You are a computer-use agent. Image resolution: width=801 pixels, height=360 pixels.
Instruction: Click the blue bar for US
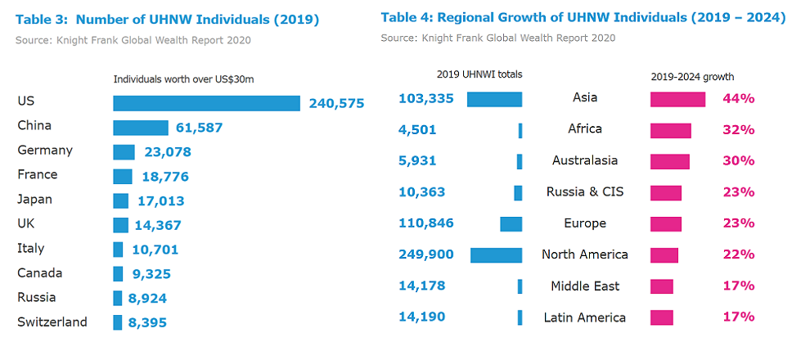click(x=206, y=103)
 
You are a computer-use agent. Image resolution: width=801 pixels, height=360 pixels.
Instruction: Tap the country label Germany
click(x=45, y=151)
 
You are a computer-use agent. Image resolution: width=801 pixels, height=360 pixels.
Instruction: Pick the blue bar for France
click(x=123, y=176)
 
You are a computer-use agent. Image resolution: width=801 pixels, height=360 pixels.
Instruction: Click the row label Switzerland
click(x=52, y=322)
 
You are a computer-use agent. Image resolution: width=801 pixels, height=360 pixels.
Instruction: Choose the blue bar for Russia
click(x=118, y=298)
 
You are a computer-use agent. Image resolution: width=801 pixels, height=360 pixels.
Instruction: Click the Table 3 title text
click(x=168, y=20)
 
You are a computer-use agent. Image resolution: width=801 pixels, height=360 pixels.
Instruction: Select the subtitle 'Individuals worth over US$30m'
click(x=183, y=79)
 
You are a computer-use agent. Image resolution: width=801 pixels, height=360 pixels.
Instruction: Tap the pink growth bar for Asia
click(x=677, y=99)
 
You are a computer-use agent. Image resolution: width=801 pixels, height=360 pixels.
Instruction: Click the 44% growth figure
click(x=738, y=99)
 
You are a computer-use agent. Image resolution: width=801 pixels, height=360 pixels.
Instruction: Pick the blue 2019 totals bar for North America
click(x=496, y=255)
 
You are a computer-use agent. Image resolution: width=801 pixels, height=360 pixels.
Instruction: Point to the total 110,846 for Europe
click(x=425, y=223)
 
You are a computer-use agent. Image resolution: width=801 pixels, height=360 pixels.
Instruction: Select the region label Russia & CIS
click(x=585, y=192)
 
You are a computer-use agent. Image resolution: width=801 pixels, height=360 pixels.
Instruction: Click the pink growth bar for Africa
click(x=671, y=130)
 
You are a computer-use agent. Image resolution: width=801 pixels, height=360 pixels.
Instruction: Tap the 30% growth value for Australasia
click(x=738, y=161)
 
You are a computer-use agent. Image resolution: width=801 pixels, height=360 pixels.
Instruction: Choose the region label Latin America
click(x=585, y=317)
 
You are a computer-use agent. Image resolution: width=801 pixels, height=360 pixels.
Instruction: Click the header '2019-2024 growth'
click(x=692, y=77)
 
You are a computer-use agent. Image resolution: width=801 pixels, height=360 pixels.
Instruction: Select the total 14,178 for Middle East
click(x=422, y=286)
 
